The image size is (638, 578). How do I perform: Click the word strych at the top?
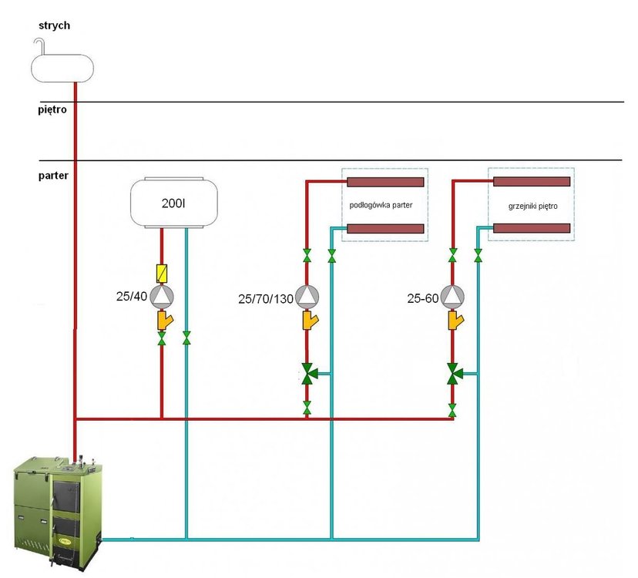point(54,25)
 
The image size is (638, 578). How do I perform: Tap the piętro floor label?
point(52,110)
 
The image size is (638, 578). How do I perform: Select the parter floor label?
point(53,176)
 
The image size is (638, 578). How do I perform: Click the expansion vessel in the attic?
point(62,66)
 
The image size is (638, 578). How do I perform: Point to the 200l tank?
point(173,203)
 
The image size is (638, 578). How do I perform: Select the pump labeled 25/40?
point(161,296)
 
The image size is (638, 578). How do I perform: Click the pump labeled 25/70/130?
point(307,296)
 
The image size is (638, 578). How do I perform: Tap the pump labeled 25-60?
point(453,296)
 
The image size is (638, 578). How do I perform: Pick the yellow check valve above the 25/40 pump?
point(161,273)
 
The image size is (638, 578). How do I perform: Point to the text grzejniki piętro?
point(532,207)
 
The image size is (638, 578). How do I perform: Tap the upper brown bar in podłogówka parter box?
point(386,183)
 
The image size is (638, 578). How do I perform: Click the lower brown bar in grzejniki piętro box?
point(532,228)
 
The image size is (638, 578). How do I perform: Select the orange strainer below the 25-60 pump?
point(455,320)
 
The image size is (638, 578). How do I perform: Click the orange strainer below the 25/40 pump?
point(163,320)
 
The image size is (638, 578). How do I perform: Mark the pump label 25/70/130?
point(266,298)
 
